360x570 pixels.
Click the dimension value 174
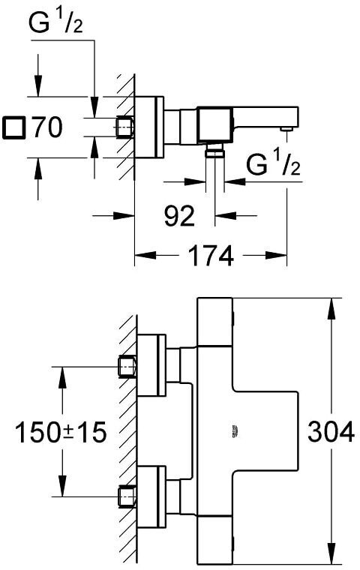point(211,256)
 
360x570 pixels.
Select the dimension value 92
point(179,215)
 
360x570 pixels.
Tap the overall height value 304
point(331,432)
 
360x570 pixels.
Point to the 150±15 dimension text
point(61,432)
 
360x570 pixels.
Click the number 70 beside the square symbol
point(47,127)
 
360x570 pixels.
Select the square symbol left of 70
point(13,127)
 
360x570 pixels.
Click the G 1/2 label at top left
point(55,22)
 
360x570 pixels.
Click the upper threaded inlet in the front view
point(127,367)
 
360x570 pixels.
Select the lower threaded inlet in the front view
point(127,496)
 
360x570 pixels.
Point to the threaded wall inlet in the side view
point(125,127)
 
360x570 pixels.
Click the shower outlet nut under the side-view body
point(215,149)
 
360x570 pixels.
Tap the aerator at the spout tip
point(286,129)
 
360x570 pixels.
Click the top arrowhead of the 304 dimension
point(331,309)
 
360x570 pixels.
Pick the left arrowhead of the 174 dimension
point(145,255)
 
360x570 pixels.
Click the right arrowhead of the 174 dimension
point(276,255)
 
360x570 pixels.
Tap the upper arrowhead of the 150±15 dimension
point(62,378)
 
